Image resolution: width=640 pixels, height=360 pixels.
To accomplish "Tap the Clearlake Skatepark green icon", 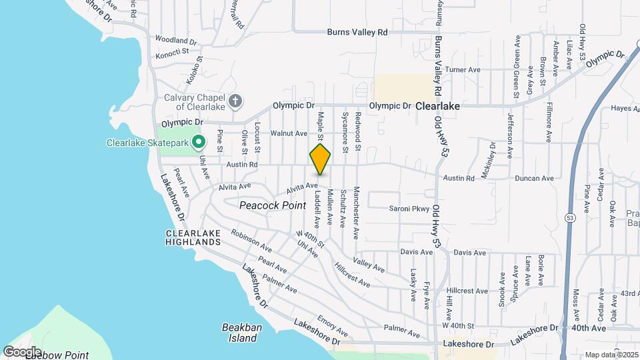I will [198, 142].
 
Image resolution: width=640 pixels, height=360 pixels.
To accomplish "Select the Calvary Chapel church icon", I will [234, 101].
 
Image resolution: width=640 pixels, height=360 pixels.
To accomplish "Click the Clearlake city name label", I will [437, 105].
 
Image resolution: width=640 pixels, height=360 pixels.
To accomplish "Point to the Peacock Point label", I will [273, 205].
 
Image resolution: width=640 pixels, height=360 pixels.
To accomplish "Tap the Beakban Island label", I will [239, 333].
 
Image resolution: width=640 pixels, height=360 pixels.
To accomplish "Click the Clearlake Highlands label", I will [193, 237].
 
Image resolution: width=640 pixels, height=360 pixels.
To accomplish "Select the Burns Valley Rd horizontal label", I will [357, 32].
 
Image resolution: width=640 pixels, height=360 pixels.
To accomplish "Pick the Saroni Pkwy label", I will [410, 209].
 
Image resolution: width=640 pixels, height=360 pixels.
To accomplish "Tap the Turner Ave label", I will [463, 69].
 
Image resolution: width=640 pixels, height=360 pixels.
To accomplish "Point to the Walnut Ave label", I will [288, 133].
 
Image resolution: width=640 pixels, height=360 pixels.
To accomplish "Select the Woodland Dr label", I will [175, 40].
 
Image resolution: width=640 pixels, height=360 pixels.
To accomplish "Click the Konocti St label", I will [173, 51].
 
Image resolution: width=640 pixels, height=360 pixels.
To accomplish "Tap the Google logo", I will [22, 351].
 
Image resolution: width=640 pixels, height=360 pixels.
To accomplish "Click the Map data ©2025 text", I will [611, 355].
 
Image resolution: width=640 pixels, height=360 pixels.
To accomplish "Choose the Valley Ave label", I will [369, 265].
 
